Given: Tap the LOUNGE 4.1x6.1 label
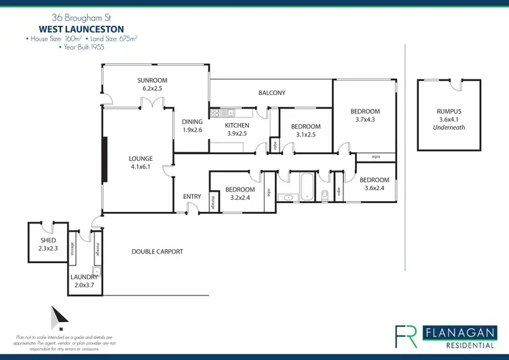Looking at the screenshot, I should click(x=141, y=162).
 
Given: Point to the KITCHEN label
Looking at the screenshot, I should click(x=238, y=129).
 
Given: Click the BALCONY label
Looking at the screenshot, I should click(x=271, y=93).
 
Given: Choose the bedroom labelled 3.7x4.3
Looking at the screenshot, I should click(x=365, y=115).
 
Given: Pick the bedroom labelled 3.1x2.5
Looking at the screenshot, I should click(x=305, y=130).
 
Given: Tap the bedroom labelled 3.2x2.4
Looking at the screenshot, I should click(x=240, y=194).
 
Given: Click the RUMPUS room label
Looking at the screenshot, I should click(x=449, y=115).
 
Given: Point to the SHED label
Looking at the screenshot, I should click(x=48, y=245).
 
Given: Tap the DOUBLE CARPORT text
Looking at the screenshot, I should click(x=157, y=251).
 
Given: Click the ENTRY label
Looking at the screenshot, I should click(x=192, y=197).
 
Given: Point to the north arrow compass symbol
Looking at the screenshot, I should click(x=58, y=316).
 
